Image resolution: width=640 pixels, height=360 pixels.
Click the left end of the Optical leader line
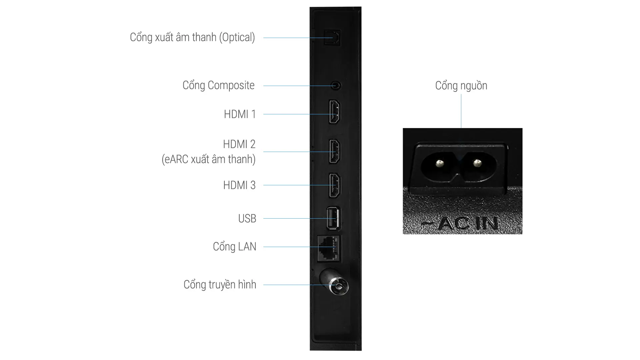(263, 38)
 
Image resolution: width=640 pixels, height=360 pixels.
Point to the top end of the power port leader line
(461, 94)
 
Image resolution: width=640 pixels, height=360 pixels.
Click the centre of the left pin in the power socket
(440, 163)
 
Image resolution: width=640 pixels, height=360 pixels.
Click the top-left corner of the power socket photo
(403, 128)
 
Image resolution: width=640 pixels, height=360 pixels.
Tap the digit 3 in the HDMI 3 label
(253, 185)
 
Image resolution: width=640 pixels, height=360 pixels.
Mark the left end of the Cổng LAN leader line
(263, 247)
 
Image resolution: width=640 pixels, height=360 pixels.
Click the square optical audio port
(332, 37)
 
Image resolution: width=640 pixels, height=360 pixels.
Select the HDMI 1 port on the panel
(335, 112)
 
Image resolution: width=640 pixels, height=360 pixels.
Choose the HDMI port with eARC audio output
(335, 151)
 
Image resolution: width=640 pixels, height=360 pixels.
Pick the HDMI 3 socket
(335, 185)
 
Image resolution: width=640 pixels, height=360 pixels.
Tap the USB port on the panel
(333, 218)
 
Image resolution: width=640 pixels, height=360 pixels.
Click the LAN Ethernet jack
(329, 248)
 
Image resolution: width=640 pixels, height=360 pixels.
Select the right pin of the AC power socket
(477, 163)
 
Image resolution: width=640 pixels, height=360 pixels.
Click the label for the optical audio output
(192, 37)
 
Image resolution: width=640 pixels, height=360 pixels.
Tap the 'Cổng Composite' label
(218, 85)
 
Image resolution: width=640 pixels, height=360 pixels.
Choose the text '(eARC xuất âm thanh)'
(209, 159)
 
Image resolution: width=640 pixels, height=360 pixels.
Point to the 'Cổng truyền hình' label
(220, 284)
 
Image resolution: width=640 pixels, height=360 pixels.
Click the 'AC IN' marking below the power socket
(460, 224)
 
